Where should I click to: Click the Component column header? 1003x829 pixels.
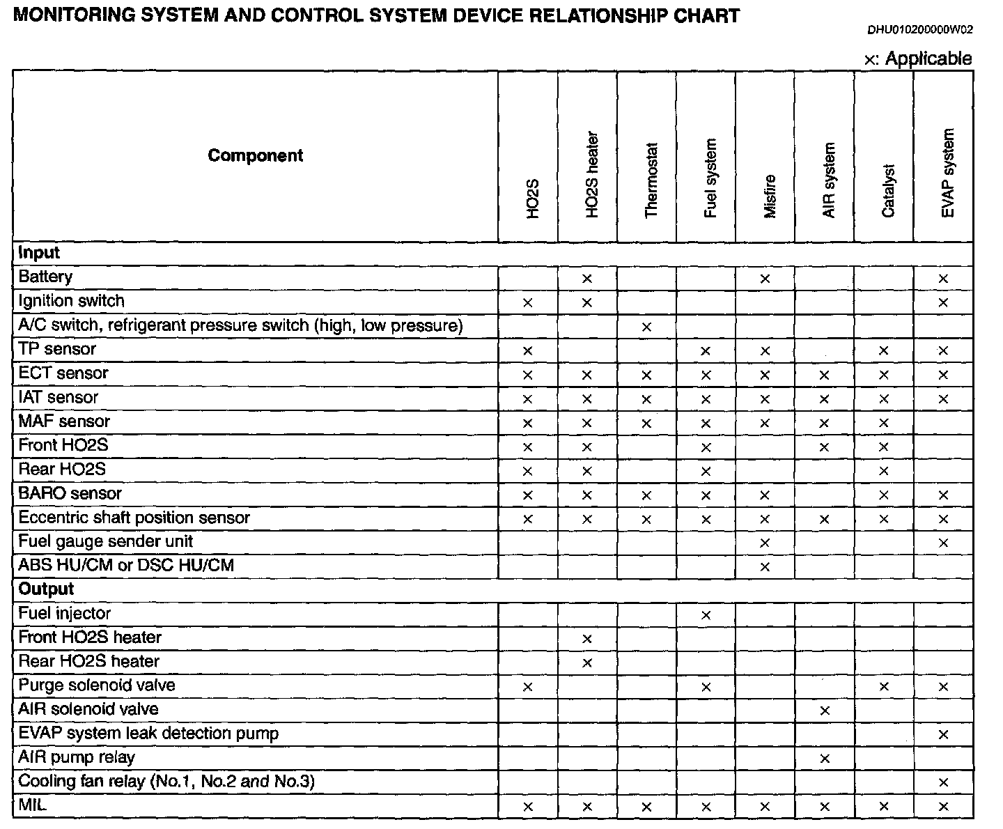(255, 155)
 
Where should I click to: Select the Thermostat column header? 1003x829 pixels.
(651, 180)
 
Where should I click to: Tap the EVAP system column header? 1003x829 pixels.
(947, 173)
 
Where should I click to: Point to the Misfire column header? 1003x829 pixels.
(770, 196)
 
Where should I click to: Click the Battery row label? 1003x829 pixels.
(45, 277)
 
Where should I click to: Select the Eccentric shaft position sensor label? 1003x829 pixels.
(134, 518)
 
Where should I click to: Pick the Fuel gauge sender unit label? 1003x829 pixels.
(105, 541)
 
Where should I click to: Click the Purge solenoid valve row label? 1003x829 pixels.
(96, 685)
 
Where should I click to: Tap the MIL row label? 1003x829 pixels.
(32, 805)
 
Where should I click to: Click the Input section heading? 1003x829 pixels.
(39, 252)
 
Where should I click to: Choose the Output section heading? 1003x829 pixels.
(46, 589)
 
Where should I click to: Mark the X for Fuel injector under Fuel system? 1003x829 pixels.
(706, 615)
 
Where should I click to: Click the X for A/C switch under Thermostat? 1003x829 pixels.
(646, 327)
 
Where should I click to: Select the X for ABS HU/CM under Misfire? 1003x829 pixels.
(765, 567)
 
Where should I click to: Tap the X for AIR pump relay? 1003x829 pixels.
(825, 759)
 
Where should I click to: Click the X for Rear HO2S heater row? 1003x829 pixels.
(586, 663)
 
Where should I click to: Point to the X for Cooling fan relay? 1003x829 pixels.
(943, 782)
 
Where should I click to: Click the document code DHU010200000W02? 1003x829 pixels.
(919, 30)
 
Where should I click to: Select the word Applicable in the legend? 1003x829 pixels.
(928, 59)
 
